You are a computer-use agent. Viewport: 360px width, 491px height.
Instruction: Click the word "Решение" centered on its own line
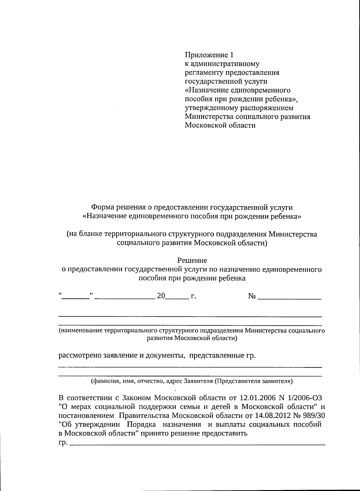click(192, 260)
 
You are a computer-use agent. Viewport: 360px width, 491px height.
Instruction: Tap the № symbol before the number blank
click(252, 296)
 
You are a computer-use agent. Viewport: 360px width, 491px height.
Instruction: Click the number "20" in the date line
click(161, 296)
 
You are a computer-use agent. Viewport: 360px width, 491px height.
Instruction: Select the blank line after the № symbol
click(289, 298)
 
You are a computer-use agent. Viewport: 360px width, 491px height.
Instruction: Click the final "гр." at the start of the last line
click(63, 443)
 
